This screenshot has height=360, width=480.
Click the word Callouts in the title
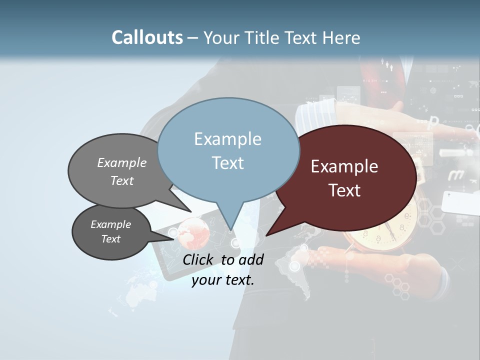pos(147,37)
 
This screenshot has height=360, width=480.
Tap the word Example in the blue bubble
pos(227,139)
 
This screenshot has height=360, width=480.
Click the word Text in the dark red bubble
pos(345,190)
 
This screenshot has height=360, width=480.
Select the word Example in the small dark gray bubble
pos(110,224)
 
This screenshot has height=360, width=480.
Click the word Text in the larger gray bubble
pos(122,180)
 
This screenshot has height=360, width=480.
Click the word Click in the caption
pos(198,259)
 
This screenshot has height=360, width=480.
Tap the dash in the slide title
pos(193,37)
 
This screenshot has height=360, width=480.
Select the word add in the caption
pos(251,259)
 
